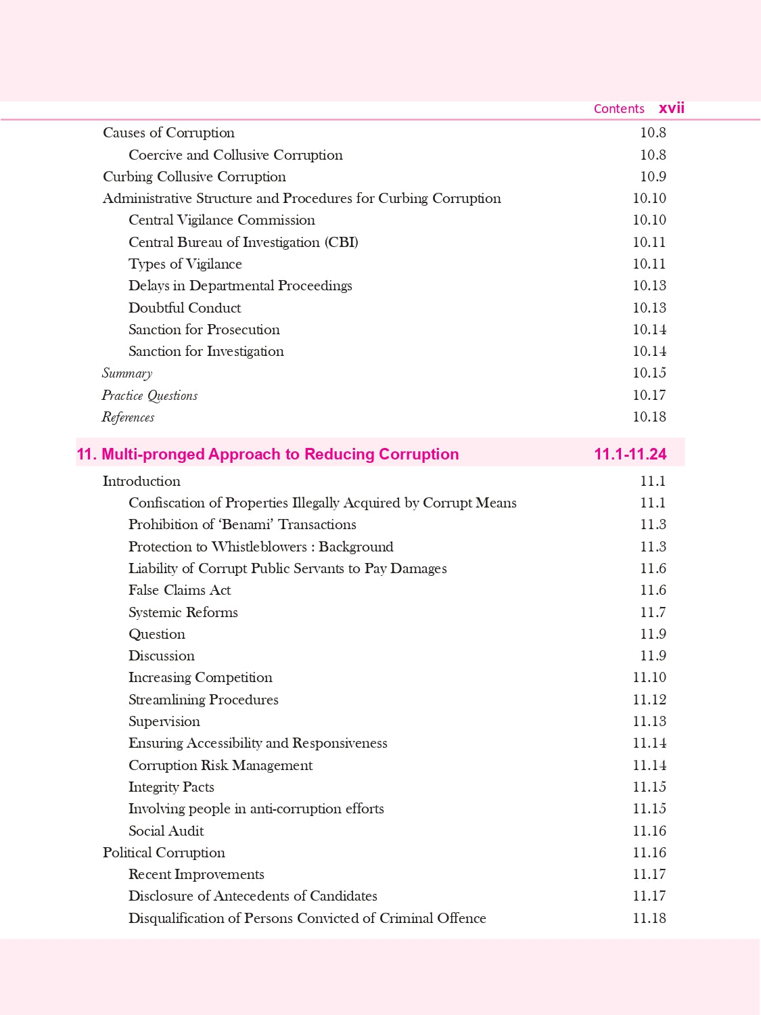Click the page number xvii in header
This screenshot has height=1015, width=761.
(x=671, y=108)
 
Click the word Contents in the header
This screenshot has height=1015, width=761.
(x=619, y=109)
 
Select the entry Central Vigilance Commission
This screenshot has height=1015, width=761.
(x=221, y=220)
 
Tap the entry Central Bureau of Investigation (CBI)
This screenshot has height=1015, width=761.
(x=243, y=242)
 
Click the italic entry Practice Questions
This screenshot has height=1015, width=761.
(x=149, y=395)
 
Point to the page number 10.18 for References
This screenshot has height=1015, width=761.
(x=649, y=417)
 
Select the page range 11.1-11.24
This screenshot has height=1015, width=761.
(x=630, y=454)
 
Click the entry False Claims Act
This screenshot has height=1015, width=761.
(x=179, y=590)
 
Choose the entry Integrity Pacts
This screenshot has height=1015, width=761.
(x=171, y=787)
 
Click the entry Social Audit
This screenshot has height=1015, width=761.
(x=166, y=831)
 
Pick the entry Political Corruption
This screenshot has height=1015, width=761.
(x=164, y=853)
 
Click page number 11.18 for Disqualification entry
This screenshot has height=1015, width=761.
(x=649, y=918)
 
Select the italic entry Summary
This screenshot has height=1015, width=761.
(x=126, y=374)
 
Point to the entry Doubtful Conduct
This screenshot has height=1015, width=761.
(x=185, y=308)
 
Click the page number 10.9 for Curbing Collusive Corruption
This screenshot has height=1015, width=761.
(x=653, y=177)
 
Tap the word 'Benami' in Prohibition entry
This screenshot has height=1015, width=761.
(x=246, y=524)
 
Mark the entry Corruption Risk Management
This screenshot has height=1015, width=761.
(x=221, y=765)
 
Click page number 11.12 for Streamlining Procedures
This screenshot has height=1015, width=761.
(x=649, y=700)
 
